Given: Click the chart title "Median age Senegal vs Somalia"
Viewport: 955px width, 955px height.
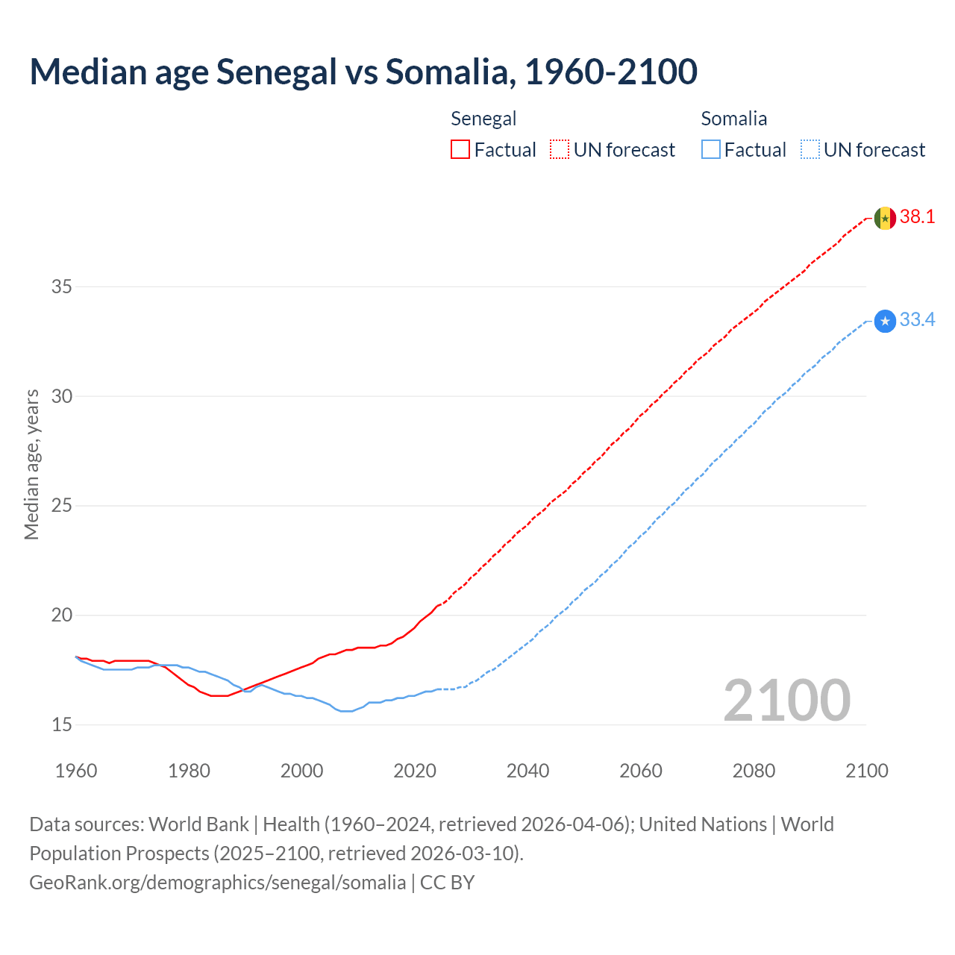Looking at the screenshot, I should click(363, 72).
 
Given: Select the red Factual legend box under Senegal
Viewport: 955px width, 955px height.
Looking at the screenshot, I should click(460, 150).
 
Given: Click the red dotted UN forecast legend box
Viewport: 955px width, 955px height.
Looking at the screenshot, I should click(560, 150).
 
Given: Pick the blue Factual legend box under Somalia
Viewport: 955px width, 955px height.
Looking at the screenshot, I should click(710, 150).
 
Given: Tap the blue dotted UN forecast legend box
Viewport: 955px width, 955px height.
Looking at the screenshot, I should click(810, 150).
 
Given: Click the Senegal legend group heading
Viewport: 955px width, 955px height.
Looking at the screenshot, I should click(483, 119).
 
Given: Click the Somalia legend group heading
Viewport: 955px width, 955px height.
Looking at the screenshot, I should click(733, 119).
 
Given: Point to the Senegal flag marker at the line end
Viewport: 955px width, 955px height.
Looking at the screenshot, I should click(885, 218).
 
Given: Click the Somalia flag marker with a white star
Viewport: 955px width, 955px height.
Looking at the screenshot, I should click(885, 322).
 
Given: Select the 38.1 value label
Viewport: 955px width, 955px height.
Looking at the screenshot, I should click(917, 217).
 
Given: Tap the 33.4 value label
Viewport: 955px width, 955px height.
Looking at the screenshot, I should click(917, 320).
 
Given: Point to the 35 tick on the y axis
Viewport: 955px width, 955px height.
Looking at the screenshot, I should click(62, 286).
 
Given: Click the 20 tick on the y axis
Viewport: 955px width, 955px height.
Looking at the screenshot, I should click(62, 616).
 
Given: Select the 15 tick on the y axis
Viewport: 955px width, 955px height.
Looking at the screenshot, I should click(62, 724).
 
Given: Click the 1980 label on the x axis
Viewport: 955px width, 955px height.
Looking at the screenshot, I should click(189, 771).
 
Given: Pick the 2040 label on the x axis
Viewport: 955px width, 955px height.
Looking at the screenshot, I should click(527, 771).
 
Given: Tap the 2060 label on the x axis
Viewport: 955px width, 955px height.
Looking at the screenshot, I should click(641, 771).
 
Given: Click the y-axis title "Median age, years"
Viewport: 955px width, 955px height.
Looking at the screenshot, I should click(31, 464).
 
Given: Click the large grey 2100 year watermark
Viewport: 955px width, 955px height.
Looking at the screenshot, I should click(787, 700).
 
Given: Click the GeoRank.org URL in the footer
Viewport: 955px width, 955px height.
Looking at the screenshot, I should click(217, 883).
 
